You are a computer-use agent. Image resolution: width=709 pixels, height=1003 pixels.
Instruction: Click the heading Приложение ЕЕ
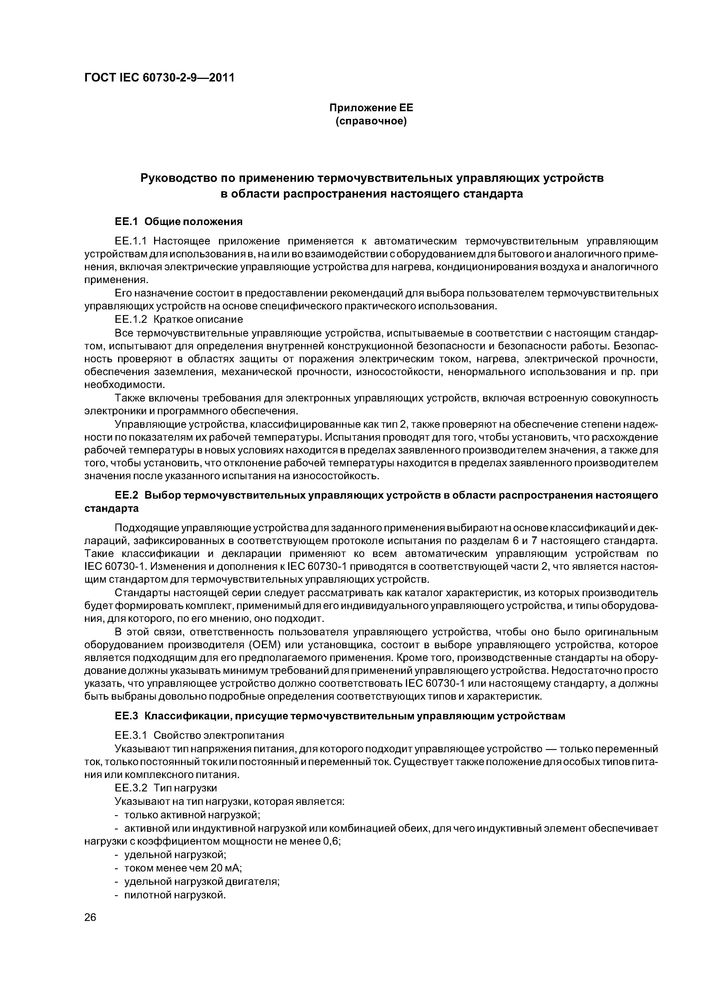[371, 108]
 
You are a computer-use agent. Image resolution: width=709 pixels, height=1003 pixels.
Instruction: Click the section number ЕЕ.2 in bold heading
[127, 495]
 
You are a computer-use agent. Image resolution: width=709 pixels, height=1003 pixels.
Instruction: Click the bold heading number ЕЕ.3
[127, 716]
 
